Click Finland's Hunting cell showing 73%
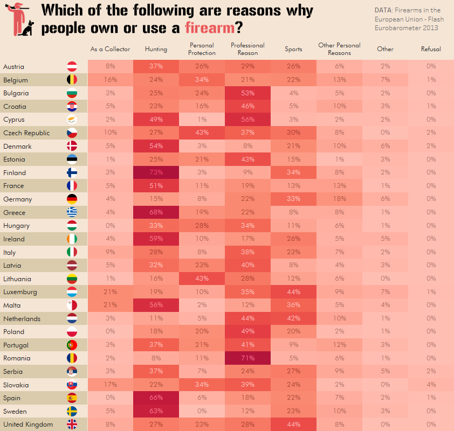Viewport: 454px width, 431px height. click(x=156, y=172)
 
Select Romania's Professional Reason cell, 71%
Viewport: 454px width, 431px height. click(x=247, y=358)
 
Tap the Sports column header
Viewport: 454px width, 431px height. click(x=293, y=49)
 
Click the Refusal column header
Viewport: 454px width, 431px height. click(x=431, y=49)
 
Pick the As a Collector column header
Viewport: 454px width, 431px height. click(x=111, y=49)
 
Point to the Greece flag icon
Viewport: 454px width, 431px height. click(x=72, y=212)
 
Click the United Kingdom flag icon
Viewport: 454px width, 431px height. click(x=72, y=425)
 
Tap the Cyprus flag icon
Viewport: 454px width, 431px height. click(x=72, y=120)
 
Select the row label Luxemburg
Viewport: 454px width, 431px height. click(x=20, y=292)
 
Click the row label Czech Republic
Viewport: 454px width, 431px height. click(x=26, y=133)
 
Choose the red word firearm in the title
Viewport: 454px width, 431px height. click(x=210, y=27)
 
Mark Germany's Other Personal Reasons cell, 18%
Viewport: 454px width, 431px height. click(x=339, y=199)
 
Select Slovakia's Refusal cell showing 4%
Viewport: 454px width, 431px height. click(x=431, y=385)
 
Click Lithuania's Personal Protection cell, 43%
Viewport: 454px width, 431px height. click(x=202, y=279)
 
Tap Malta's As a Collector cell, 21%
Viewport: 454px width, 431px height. click(x=111, y=305)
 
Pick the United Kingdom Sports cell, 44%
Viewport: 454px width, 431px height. click(x=293, y=425)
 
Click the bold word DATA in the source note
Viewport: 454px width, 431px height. click(x=383, y=10)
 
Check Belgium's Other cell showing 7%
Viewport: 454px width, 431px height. click(x=385, y=80)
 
